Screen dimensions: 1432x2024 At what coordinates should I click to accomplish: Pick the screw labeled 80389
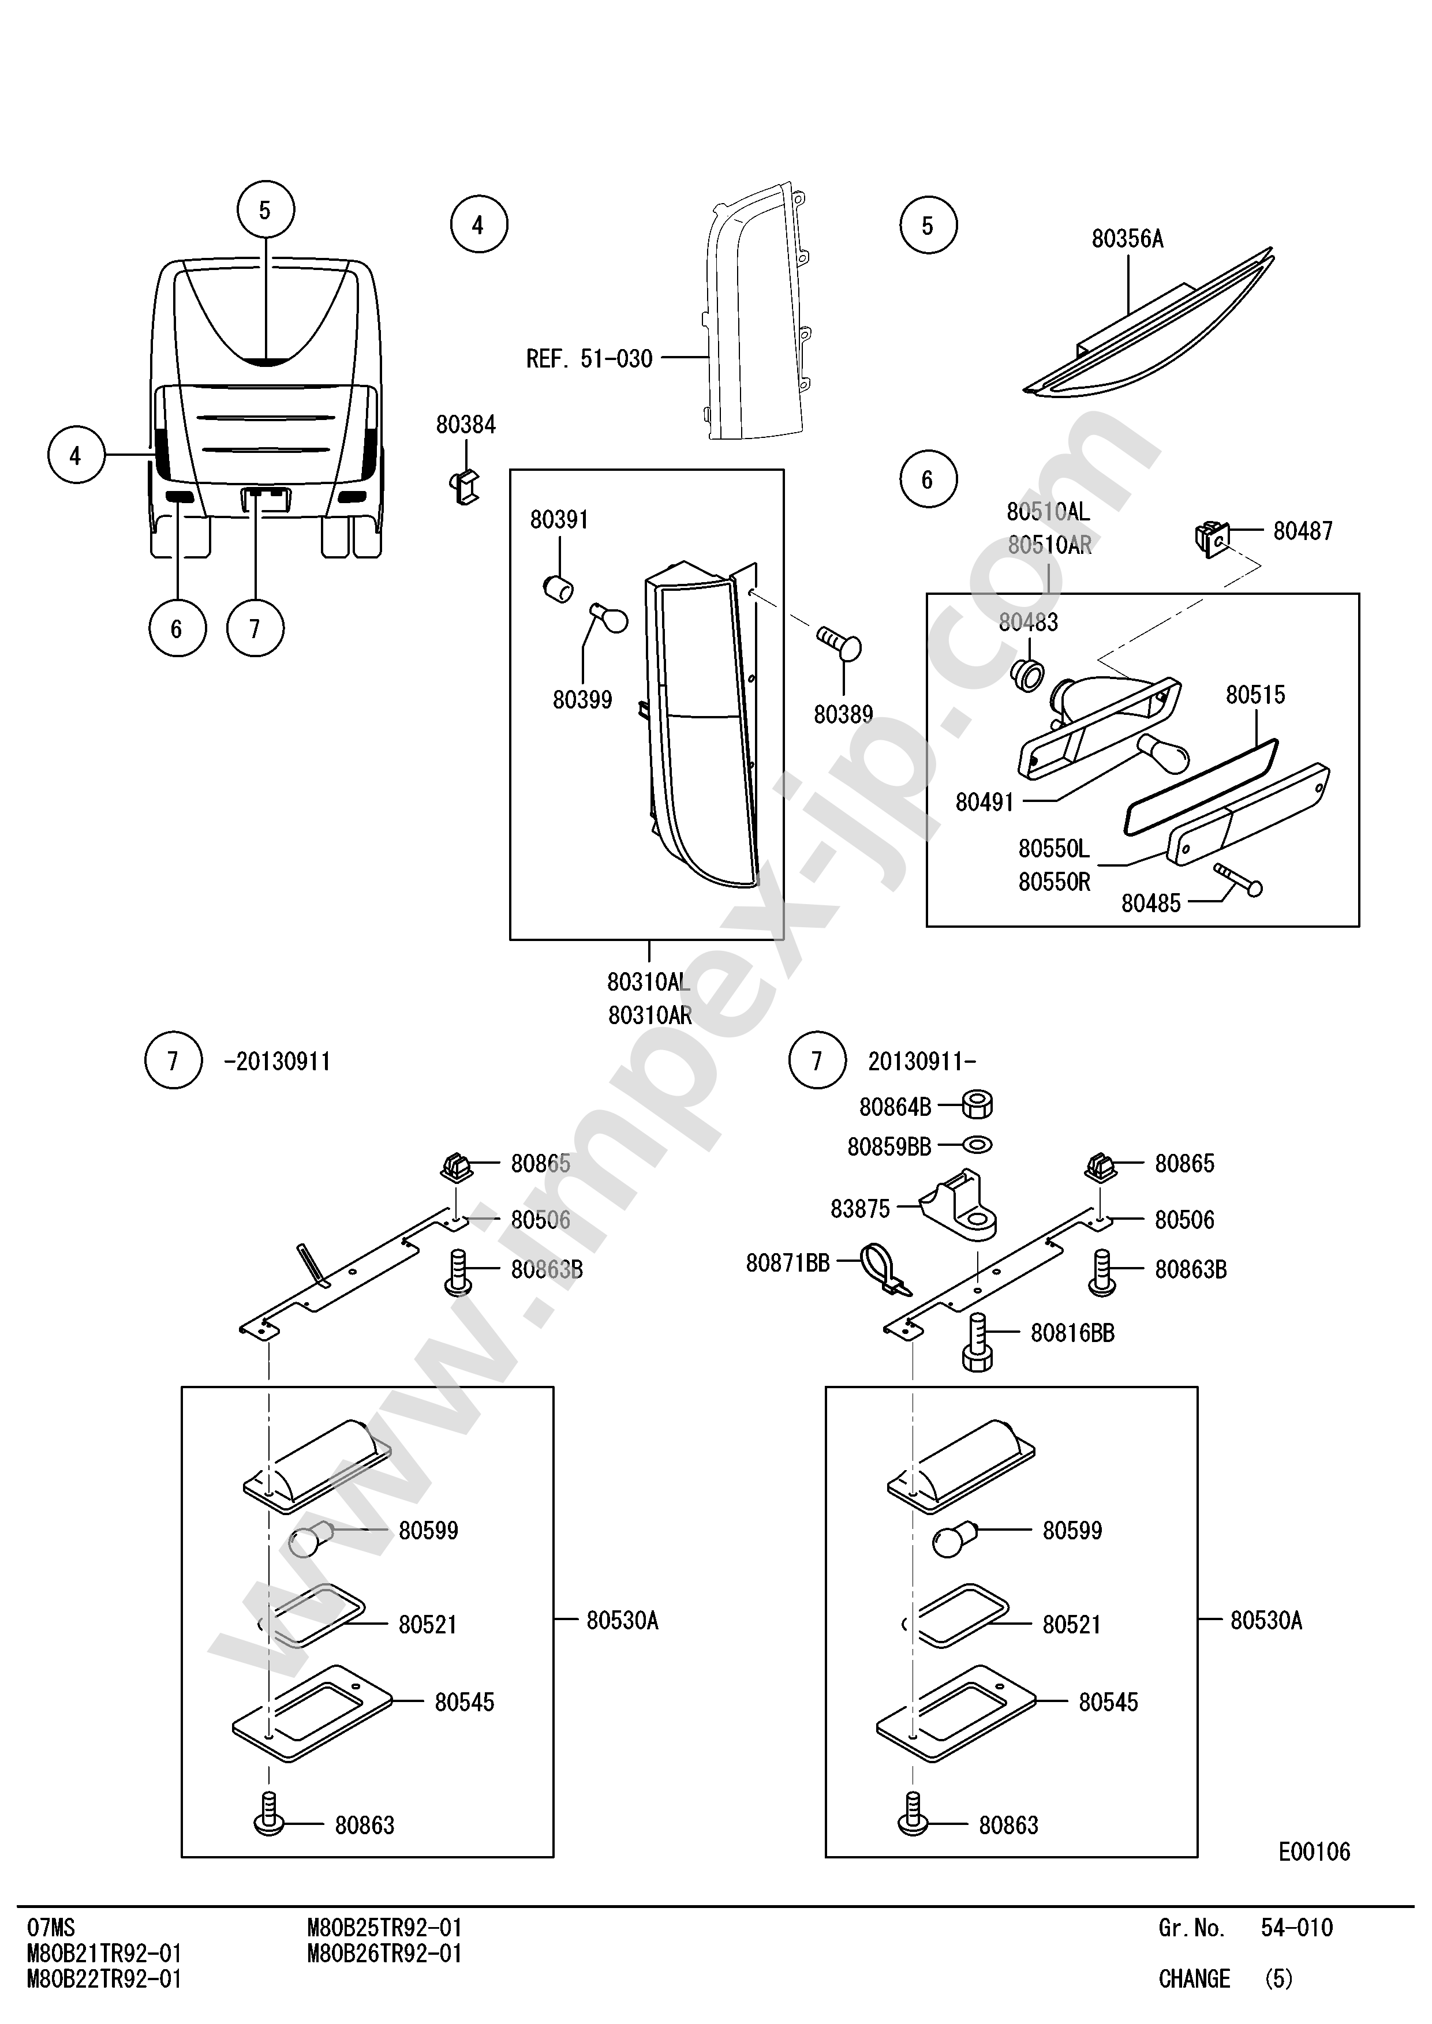[839, 643]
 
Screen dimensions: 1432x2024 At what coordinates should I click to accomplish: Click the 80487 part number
[1302, 531]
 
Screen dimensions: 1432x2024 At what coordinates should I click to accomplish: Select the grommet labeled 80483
[1026, 674]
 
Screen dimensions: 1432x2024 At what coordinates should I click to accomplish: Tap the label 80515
[1255, 695]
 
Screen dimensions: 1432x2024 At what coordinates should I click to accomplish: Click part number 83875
[860, 1209]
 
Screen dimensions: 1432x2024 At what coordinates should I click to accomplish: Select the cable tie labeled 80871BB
[884, 1270]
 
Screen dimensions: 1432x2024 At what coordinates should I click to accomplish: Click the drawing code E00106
[1314, 1851]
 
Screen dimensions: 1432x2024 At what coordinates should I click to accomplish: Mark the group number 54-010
[1296, 1928]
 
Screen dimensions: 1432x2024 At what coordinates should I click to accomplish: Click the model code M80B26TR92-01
[384, 1954]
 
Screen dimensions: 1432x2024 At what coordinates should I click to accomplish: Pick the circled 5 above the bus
[266, 211]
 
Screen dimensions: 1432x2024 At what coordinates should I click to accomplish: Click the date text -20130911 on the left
[277, 1062]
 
